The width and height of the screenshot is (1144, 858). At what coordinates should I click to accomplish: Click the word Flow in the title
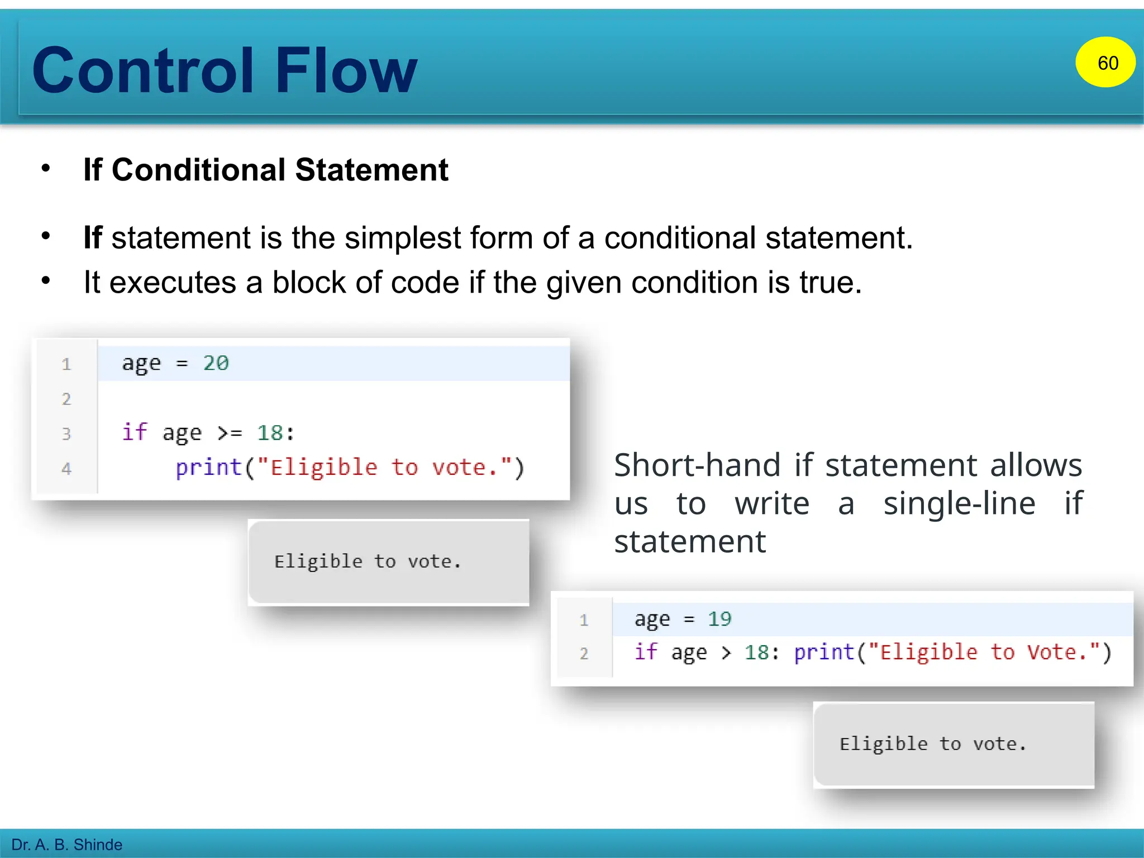346,71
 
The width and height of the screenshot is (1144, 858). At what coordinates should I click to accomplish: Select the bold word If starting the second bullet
92,238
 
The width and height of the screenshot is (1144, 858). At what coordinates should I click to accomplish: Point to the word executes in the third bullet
173,283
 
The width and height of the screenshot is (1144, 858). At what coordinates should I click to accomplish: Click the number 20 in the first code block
216,363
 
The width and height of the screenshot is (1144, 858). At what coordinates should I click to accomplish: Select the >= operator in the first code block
230,433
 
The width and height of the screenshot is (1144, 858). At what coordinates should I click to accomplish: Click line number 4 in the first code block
66,468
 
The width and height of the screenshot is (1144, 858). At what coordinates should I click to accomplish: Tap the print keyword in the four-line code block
208,467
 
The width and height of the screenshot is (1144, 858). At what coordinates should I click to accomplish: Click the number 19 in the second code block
719,619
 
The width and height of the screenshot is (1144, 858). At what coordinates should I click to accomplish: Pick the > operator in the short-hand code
726,652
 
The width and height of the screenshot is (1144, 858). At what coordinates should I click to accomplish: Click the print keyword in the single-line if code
824,652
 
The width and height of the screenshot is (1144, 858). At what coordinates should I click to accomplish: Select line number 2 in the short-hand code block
584,653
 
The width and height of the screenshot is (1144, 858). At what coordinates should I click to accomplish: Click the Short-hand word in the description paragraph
697,465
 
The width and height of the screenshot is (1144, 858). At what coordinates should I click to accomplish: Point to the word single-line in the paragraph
959,503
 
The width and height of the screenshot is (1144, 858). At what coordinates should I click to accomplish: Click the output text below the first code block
368,561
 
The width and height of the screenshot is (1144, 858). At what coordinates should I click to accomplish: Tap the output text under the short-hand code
933,744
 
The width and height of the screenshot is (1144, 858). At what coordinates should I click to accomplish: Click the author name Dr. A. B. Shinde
66,845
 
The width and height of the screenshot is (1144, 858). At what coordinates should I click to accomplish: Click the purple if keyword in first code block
135,432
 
